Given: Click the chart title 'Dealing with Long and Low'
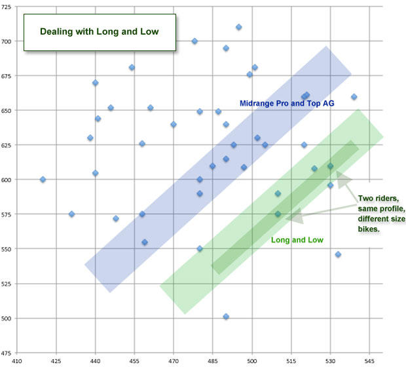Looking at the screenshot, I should (x=99, y=31).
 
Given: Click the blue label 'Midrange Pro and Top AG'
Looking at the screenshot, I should (x=287, y=103).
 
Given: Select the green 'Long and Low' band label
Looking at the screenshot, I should (x=297, y=240).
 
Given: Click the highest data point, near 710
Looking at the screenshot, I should (x=239, y=27).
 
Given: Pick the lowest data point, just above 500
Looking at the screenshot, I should (x=226, y=317).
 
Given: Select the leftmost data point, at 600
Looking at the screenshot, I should (x=43, y=180).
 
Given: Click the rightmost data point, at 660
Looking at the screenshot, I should (x=354, y=97).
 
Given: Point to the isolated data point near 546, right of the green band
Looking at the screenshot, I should (x=338, y=254).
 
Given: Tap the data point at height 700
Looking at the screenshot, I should (x=194, y=41).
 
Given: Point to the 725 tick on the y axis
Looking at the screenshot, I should (x=7, y=7).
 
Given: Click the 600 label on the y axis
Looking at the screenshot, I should (x=7, y=180).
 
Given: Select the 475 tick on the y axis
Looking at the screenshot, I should (x=7, y=353).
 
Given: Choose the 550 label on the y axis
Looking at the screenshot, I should (x=7, y=249).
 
